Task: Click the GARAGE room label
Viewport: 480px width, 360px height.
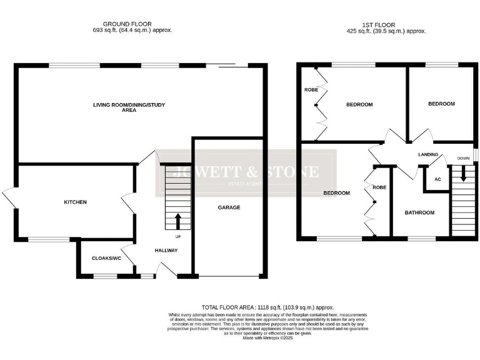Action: coord(229,207)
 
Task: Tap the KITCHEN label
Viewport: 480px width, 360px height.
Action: coord(75,202)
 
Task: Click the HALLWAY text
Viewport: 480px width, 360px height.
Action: coord(166,251)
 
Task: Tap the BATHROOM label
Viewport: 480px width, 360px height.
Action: coord(419,212)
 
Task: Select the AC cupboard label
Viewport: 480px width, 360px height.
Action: coord(437,179)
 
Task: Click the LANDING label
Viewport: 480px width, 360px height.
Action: coord(427,154)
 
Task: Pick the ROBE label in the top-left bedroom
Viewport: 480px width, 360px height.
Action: coord(311,90)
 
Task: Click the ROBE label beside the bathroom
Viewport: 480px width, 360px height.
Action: coord(379,187)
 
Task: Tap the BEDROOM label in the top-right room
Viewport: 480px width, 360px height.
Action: coord(441,104)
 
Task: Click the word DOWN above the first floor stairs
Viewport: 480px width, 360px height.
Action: coord(463,159)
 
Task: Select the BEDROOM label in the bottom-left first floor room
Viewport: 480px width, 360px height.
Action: coord(336,193)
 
